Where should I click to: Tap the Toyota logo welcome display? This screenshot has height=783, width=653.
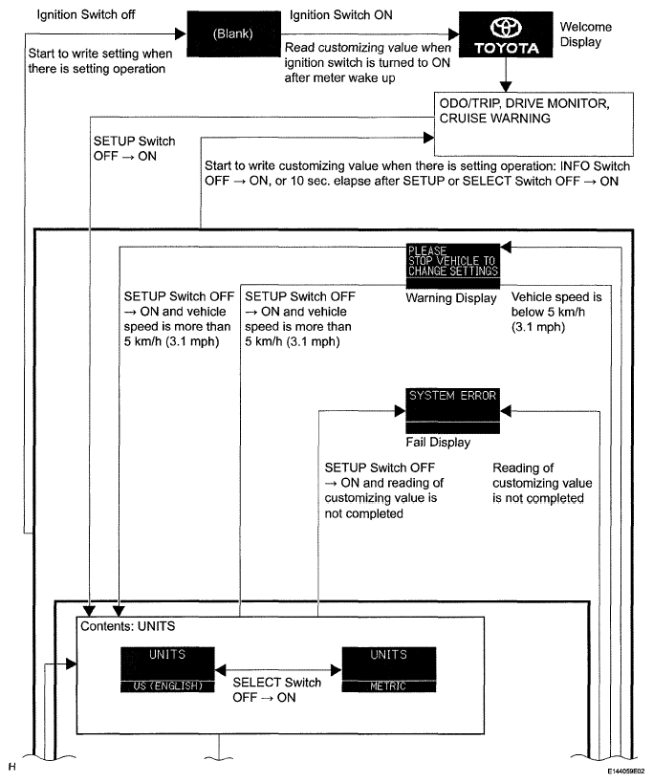tap(503, 37)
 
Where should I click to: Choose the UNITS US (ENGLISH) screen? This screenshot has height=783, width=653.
tap(167, 669)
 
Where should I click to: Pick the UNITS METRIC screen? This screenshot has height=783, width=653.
tap(388, 669)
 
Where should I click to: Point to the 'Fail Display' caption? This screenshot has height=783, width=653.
tap(438, 443)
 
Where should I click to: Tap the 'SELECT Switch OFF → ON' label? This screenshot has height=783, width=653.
tap(277, 690)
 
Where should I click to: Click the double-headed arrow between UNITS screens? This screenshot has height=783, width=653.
tap(277, 669)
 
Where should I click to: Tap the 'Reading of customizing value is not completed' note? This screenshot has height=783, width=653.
tap(541, 484)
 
